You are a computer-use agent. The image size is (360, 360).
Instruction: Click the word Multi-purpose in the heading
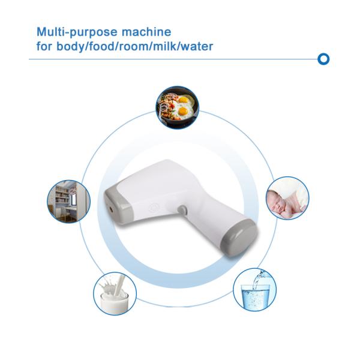(x=77, y=32)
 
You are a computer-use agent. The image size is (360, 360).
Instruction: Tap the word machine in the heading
(x=146, y=32)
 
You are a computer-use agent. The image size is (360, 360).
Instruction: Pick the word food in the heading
(x=101, y=46)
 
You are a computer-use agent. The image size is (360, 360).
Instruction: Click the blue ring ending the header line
(x=323, y=59)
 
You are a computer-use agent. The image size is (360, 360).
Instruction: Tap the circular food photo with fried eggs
(x=178, y=107)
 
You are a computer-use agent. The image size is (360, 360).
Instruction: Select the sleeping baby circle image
(x=287, y=198)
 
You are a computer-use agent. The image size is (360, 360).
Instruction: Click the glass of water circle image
(x=254, y=290)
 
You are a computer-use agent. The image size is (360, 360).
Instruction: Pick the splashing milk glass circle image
(x=115, y=293)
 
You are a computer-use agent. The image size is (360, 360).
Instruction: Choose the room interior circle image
(x=68, y=202)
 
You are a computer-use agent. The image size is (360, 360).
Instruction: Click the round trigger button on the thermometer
(x=182, y=209)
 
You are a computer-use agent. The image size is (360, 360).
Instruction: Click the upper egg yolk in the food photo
(x=184, y=100)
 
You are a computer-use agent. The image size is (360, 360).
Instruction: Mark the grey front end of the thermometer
(x=118, y=206)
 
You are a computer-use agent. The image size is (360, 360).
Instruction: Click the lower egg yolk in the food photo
(x=183, y=111)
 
